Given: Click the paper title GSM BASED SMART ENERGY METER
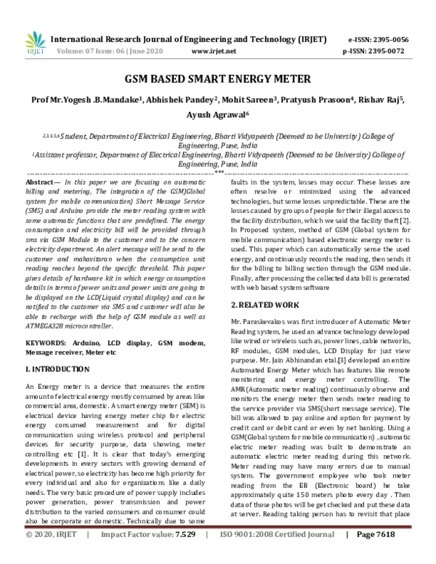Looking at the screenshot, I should [x=217, y=78].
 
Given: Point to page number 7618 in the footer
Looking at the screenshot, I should [x=392, y=555].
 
